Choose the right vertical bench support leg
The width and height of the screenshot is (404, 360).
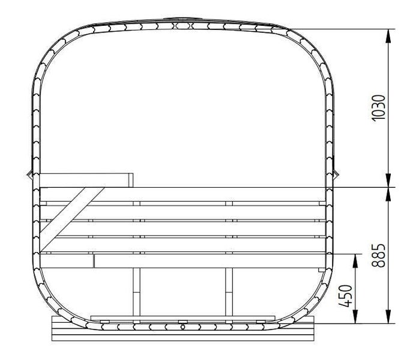click(x=229, y=291)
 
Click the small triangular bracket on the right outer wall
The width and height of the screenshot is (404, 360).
click(x=337, y=175)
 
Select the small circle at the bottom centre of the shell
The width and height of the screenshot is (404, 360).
click(x=182, y=328)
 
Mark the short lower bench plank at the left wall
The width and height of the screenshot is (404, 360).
click(x=66, y=261)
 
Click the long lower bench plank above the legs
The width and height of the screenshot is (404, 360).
click(x=210, y=261)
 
